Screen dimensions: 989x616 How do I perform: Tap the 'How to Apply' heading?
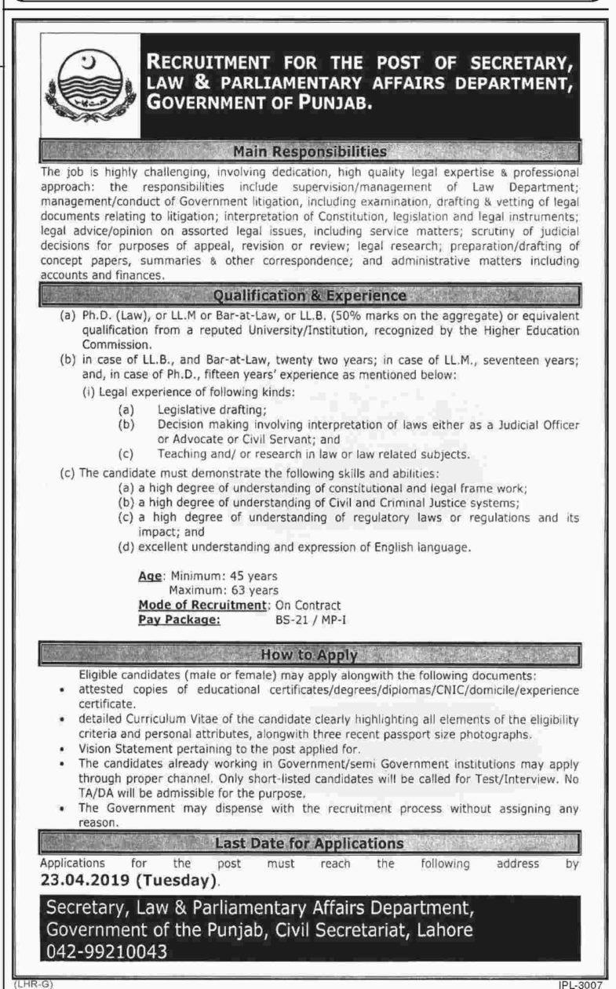click(311, 654)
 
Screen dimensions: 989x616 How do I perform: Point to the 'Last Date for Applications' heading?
click(311, 844)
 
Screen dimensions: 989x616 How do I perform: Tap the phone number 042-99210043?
click(107, 952)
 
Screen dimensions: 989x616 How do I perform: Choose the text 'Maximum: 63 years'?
click(223, 590)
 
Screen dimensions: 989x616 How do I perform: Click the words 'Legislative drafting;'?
click(200, 409)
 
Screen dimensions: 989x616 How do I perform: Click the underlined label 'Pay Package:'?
click(179, 619)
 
